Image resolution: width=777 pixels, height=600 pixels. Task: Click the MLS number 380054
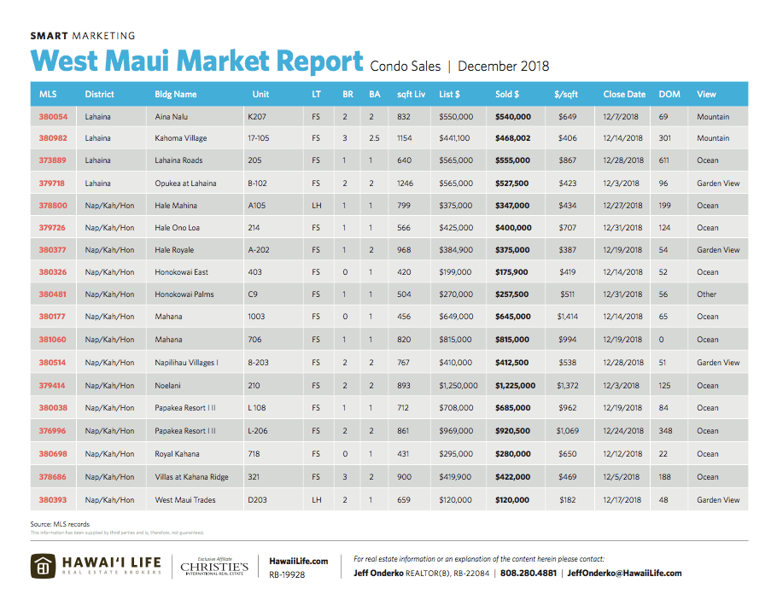coord(52,116)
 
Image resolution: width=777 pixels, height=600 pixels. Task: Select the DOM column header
coord(669,94)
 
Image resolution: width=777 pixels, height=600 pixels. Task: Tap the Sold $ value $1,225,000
coord(515,385)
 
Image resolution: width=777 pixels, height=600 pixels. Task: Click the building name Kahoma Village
coord(180,138)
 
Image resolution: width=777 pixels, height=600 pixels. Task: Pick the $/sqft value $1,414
coord(567,317)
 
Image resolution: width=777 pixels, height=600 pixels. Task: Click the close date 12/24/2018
coord(624,430)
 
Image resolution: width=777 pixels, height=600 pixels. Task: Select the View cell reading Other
coord(706,294)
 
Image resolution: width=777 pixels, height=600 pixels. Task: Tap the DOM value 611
coord(664,160)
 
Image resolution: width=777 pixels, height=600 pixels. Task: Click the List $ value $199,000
coord(455,272)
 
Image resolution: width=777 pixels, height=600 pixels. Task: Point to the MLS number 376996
coord(52,430)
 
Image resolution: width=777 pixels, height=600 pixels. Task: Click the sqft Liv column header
coord(412,94)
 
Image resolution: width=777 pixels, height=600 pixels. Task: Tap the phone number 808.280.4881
coord(529,573)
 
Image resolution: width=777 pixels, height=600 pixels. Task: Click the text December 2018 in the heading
coord(504,66)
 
